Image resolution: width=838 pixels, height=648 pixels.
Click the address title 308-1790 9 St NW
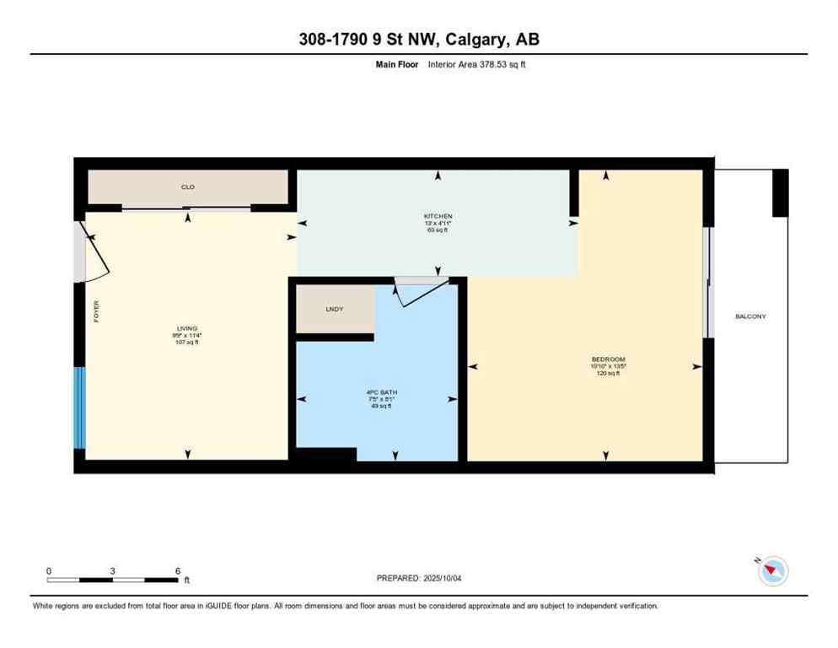coord(418,40)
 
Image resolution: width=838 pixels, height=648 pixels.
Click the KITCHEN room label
coord(438,216)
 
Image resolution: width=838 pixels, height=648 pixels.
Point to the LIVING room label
coord(186,328)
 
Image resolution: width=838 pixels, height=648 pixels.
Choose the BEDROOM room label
coord(608,359)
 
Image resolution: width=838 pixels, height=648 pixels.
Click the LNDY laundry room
coord(335,310)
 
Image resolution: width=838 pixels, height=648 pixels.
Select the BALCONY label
coord(750,316)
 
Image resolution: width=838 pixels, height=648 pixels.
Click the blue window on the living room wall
coord(80,408)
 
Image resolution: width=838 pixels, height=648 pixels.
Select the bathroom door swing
coord(422,291)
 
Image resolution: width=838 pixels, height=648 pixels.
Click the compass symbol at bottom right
coord(772,572)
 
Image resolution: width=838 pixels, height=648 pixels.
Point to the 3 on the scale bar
coord(112,570)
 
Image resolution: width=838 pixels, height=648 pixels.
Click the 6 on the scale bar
coord(178,570)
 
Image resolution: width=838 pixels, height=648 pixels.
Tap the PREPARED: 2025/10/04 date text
coord(419,578)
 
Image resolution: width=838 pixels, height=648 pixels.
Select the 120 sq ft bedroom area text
coord(608,373)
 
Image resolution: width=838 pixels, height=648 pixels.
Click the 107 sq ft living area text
coord(186,342)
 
